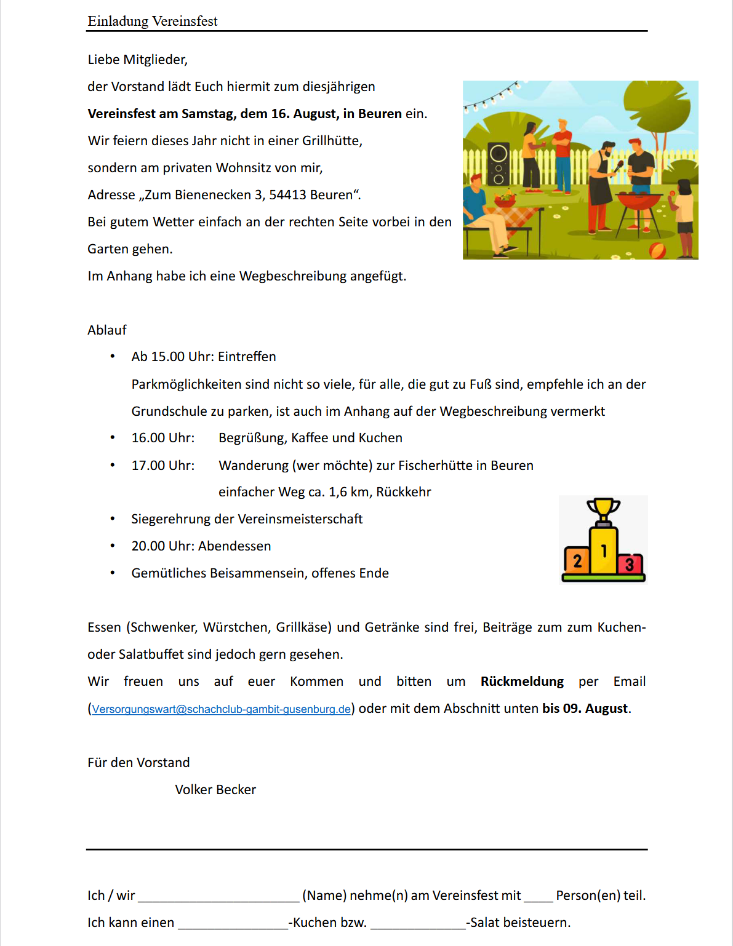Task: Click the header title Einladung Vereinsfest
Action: (x=153, y=22)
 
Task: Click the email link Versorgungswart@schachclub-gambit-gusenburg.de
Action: (x=221, y=709)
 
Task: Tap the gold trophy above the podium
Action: (x=603, y=510)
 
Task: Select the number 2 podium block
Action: (x=577, y=560)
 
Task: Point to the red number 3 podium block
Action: (x=630, y=563)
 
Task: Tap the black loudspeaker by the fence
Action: (x=499, y=164)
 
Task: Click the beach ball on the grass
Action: (x=657, y=250)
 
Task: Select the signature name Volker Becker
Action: (x=215, y=790)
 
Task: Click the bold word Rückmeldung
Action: (x=522, y=682)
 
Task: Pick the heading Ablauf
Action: (x=107, y=330)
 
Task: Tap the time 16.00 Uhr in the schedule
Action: (x=163, y=438)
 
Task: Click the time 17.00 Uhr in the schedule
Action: (x=163, y=466)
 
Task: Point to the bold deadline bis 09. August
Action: (x=585, y=709)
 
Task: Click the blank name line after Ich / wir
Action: (x=218, y=897)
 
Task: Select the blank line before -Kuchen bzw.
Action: (x=233, y=924)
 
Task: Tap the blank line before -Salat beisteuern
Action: (x=418, y=924)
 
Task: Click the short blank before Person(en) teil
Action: (x=538, y=897)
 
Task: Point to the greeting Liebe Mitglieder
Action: (x=138, y=60)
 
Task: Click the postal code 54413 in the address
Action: (x=287, y=195)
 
